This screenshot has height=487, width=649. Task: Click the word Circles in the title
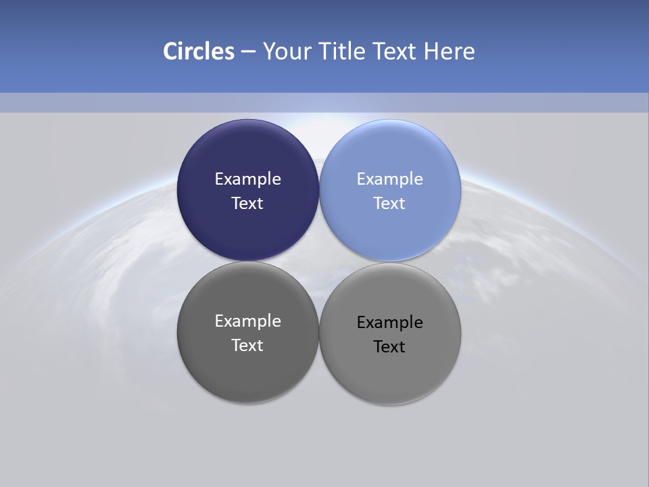[x=198, y=51]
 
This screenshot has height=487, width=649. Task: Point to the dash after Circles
[x=248, y=52]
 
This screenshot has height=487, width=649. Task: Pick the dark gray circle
[x=247, y=372]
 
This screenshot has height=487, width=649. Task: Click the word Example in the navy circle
[x=247, y=179]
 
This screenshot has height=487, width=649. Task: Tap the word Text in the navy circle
[x=247, y=204]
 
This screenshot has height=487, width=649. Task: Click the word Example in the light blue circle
[x=389, y=179]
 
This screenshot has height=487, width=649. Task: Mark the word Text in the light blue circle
[x=389, y=204]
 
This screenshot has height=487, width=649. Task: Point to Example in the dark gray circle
[x=247, y=321]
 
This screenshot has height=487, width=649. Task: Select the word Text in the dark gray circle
[x=247, y=346]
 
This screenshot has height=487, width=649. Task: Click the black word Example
[x=389, y=323]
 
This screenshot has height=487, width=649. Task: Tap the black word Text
[x=389, y=347]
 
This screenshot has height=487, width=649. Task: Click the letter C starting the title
[x=170, y=51]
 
